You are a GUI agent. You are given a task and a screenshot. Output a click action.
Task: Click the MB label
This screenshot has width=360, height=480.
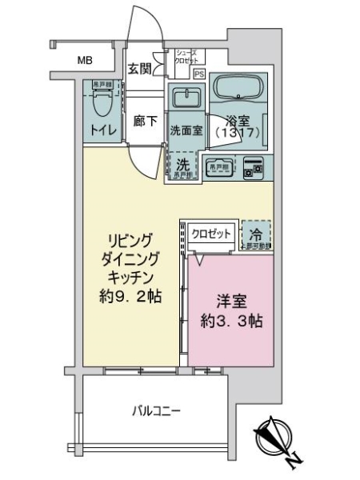tap(84, 60)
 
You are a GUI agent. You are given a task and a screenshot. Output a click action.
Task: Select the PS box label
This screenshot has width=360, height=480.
tap(198, 74)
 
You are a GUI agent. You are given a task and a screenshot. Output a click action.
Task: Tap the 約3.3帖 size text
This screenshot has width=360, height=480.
tap(230, 323)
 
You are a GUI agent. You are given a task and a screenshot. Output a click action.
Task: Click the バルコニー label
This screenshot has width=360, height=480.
tap(157, 412)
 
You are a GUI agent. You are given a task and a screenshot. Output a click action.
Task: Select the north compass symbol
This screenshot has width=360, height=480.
tap(274, 438)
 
